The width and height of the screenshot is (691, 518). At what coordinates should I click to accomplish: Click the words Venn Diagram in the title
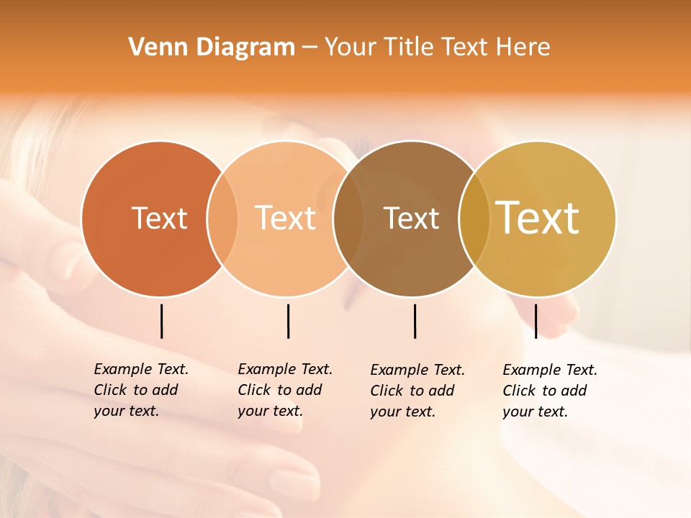pyautogui.click(x=212, y=47)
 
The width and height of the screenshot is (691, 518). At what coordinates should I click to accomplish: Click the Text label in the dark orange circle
pyautogui.click(x=159, y=218)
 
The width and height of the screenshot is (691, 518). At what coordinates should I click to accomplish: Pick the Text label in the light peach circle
pyautogui.click(x=286, y=218)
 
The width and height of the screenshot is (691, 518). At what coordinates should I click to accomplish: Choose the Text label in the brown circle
pyautogui.click(x=411, y=218)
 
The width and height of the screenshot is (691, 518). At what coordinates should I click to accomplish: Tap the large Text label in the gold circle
pyautogui.click(x=538, y=218)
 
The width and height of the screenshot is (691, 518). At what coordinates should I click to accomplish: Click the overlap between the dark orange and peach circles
pyautogui.click(x=222, y=219)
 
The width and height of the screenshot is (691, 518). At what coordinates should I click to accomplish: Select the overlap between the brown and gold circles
pyautogui.click(x=474, y=219)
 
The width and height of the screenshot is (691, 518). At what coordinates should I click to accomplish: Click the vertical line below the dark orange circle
pyautogui.click(x=161, y=321)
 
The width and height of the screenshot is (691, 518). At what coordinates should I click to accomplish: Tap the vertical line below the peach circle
pyautogui.click(x=288, y=321)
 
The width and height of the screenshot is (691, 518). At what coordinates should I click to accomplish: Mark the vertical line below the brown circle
pyautogui.click(x=415, y=321)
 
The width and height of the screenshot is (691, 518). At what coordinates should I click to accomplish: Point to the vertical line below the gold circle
pyautogui.click(x=536, y=321)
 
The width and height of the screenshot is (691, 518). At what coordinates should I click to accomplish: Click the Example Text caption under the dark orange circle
pyautogui.click(x=140, y=390)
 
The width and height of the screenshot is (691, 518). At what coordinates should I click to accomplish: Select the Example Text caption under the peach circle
pyautogui.click(x=284, y=390)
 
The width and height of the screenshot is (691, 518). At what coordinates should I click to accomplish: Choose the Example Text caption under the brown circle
pyautogui.click(x=417, y=391)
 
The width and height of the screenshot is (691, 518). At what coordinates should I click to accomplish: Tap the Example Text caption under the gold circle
pyautogui.click(x=549, y=391)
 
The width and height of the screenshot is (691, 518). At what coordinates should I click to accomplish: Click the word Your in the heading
pyautogui.click(x=350, y=47)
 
